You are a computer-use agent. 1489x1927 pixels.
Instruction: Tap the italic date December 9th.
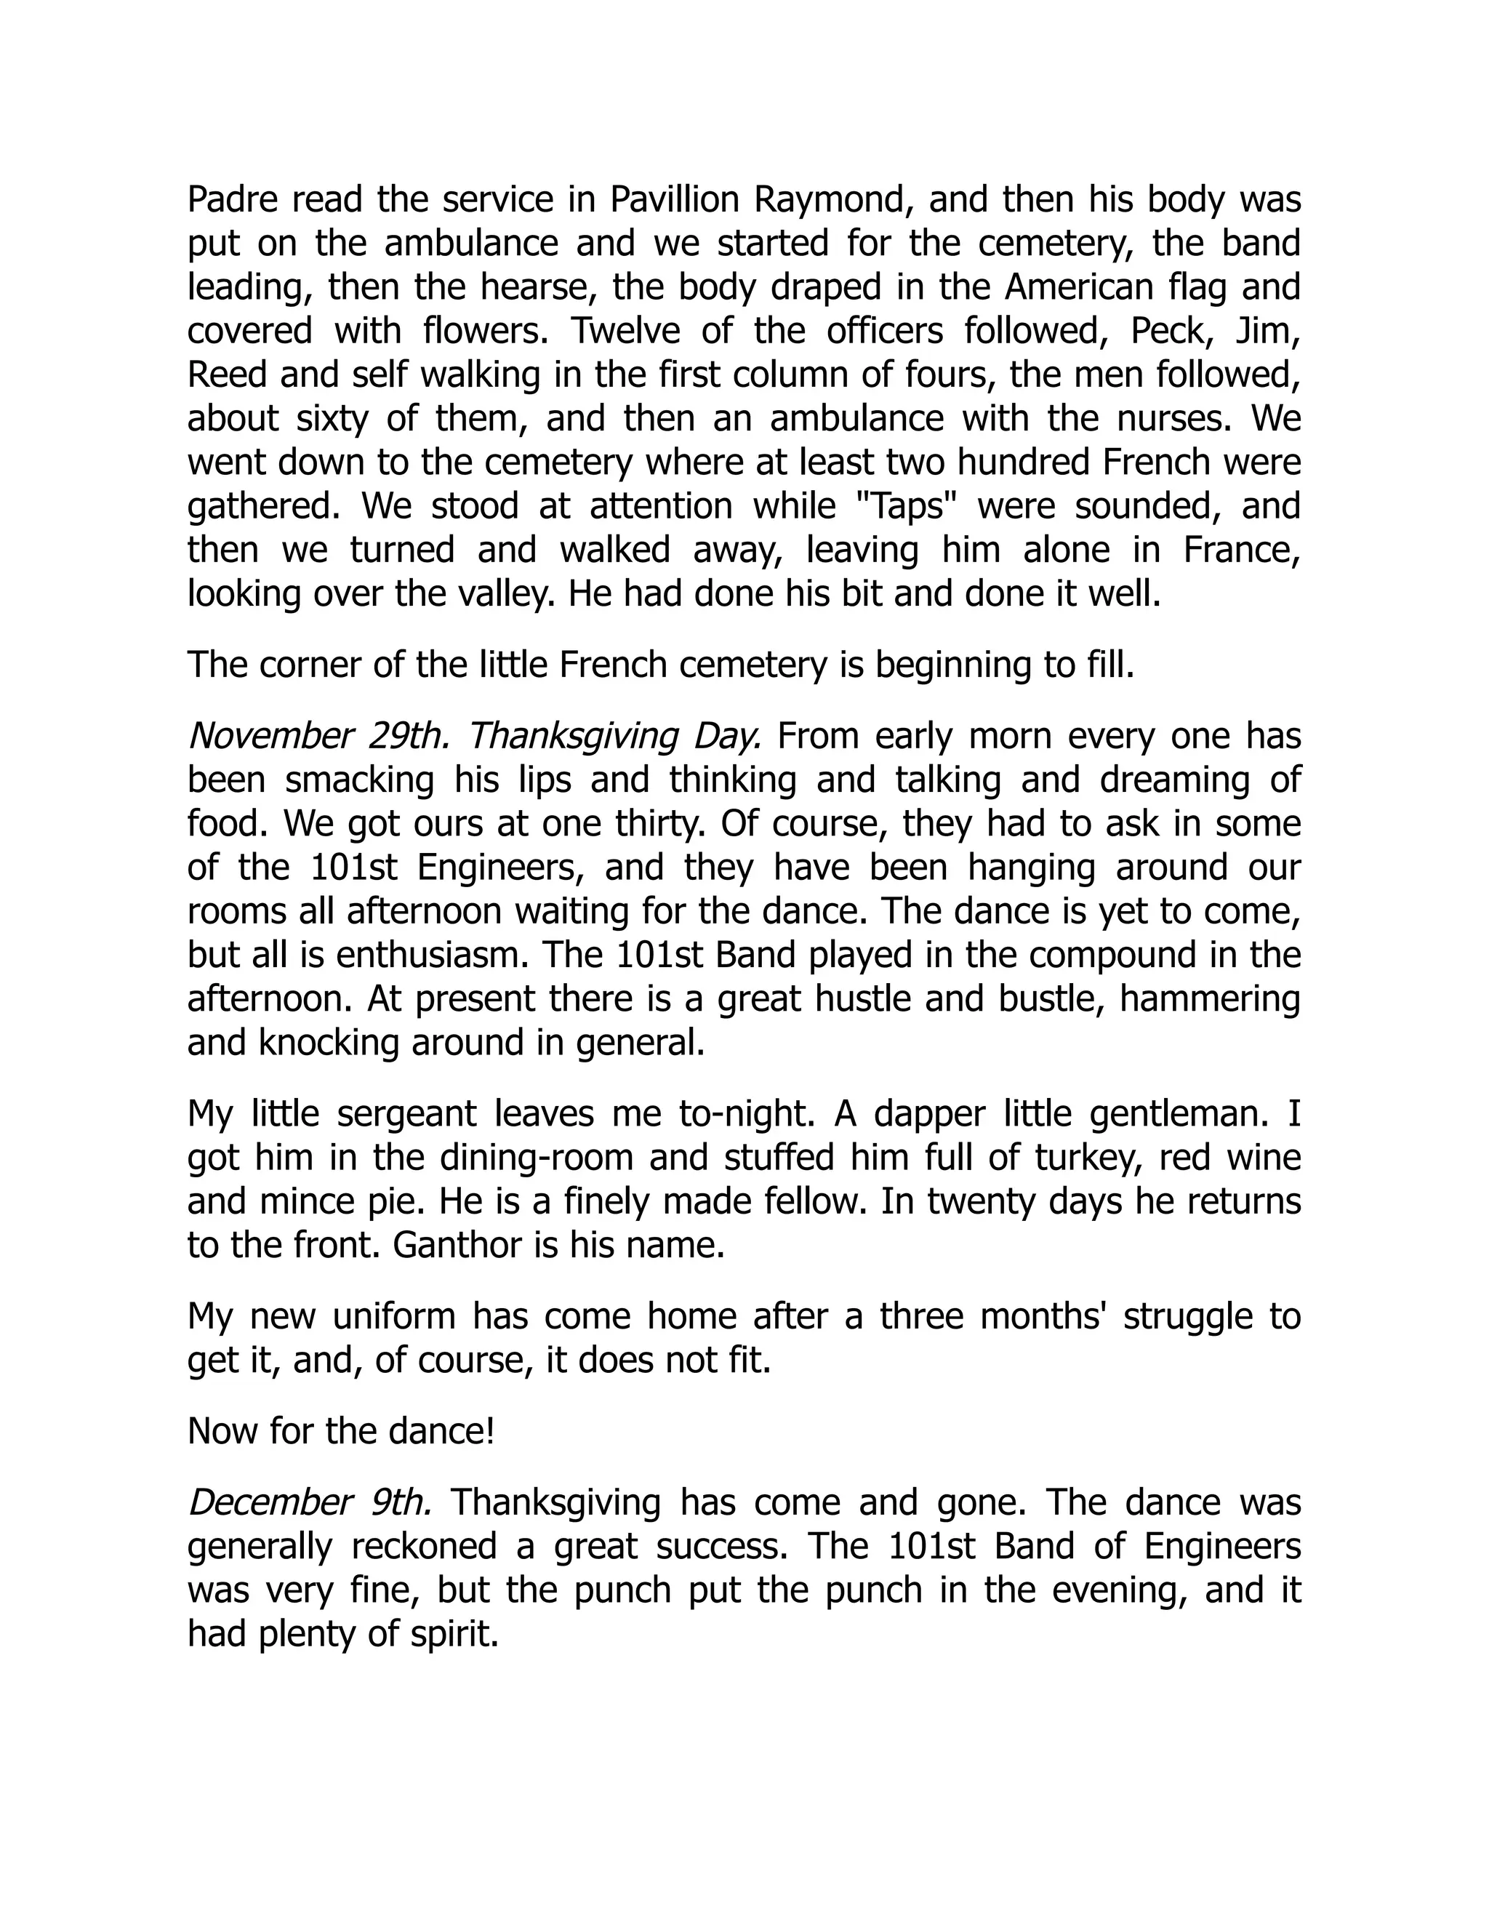coord(310,1502)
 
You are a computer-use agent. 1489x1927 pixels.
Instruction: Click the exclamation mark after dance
coord(489,1431)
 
